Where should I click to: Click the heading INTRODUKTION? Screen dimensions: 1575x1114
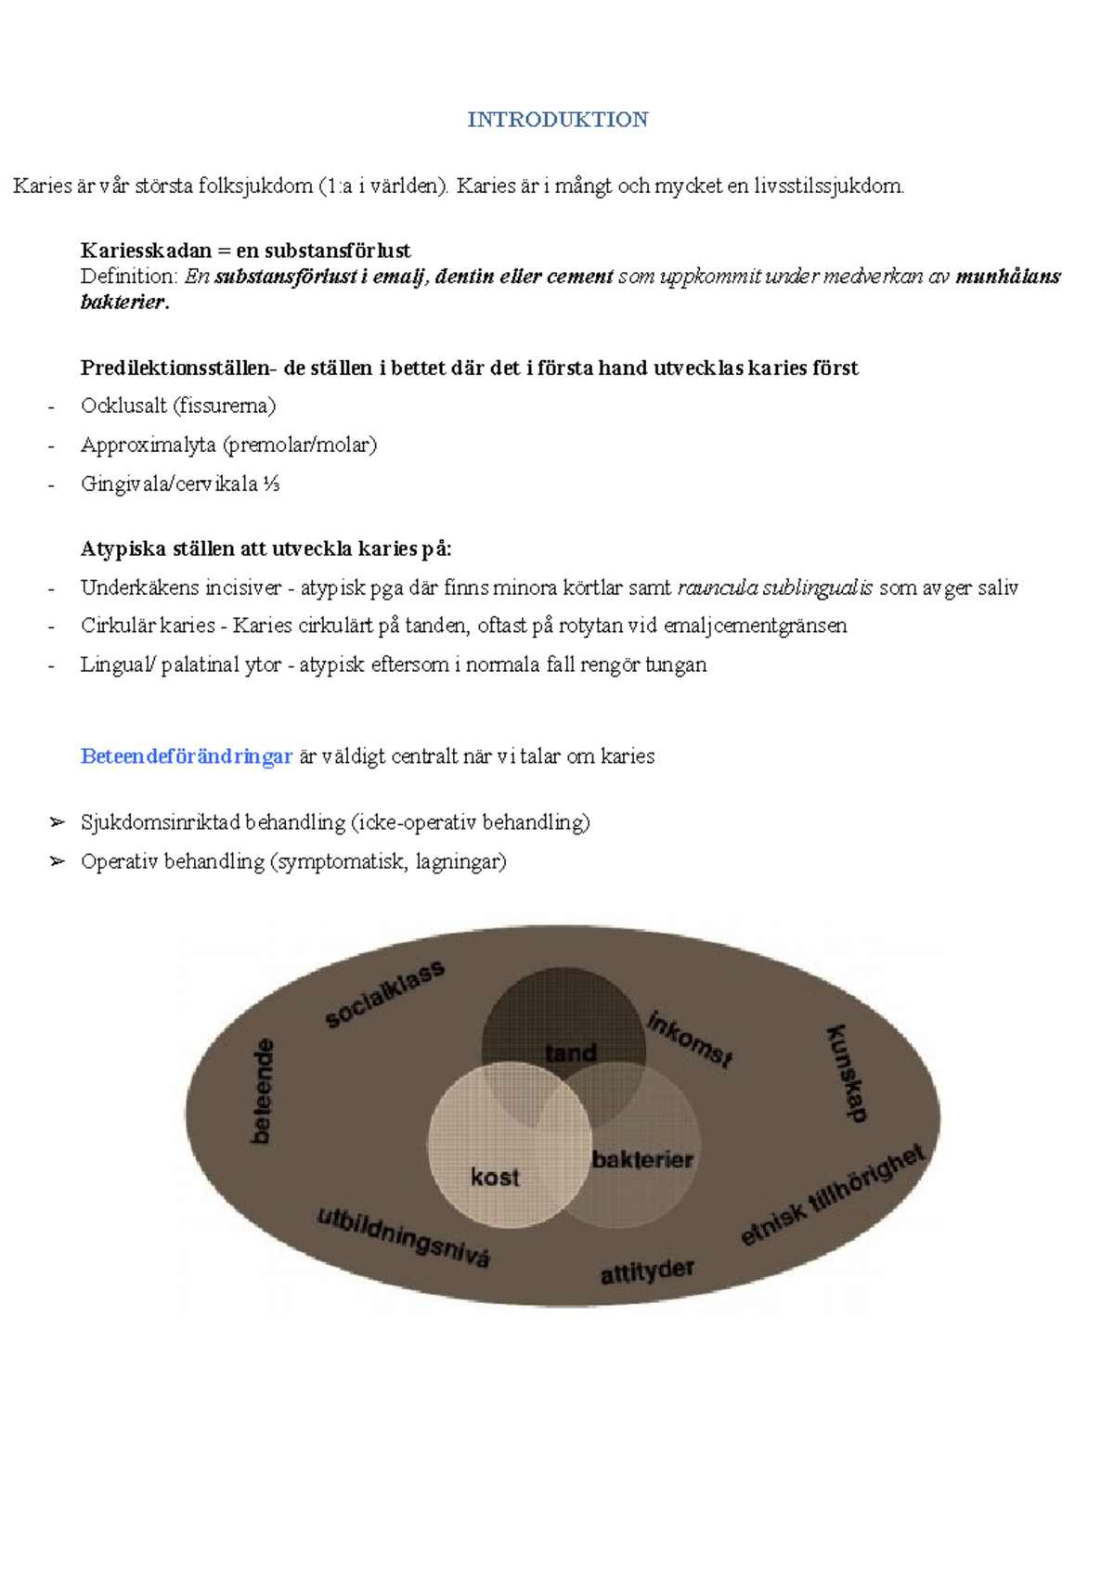(x=557, y=120)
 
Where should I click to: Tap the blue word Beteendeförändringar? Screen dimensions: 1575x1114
(x=186, y=756)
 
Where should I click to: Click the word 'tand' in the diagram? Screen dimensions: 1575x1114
(x=570, y=1052)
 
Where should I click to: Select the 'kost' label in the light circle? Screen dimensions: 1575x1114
(x=494, y=1178)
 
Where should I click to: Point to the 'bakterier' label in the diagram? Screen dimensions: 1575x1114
(x=642, y=1159)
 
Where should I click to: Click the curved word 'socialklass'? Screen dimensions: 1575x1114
(x=384, y=994)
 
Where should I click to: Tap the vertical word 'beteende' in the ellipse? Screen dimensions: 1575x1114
(x=263, y=1091)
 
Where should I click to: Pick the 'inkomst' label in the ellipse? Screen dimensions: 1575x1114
(x=690, y=1039)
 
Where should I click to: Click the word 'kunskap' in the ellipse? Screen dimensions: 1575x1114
(x=847, y=1073)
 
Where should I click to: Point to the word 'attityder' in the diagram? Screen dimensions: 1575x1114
(x=647, y=1272)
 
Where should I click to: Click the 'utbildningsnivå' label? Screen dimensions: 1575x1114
(x=403, y=1237)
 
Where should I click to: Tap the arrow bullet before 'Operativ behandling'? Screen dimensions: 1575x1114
(x=58, y=861)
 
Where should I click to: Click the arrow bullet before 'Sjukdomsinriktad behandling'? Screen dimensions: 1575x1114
(x=58, y=822)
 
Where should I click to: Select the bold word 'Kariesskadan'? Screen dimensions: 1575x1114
(x=146, y=251)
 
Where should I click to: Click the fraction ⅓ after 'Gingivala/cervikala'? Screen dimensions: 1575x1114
(x=271, y=484)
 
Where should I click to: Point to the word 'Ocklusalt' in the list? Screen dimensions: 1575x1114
(x=123, y=406)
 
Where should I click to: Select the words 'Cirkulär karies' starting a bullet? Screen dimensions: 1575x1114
(x=148, y=626)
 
